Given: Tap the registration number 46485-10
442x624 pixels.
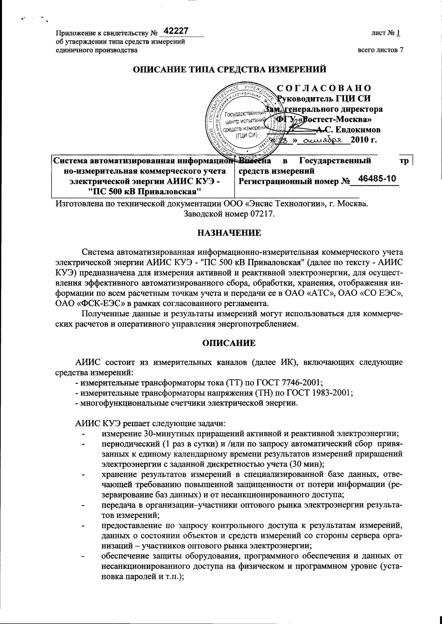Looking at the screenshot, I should pos(377,179).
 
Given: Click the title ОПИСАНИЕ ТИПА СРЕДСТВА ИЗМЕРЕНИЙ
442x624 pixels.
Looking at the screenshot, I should pos(230,70).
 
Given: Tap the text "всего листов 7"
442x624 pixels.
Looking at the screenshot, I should pos(380,50).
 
